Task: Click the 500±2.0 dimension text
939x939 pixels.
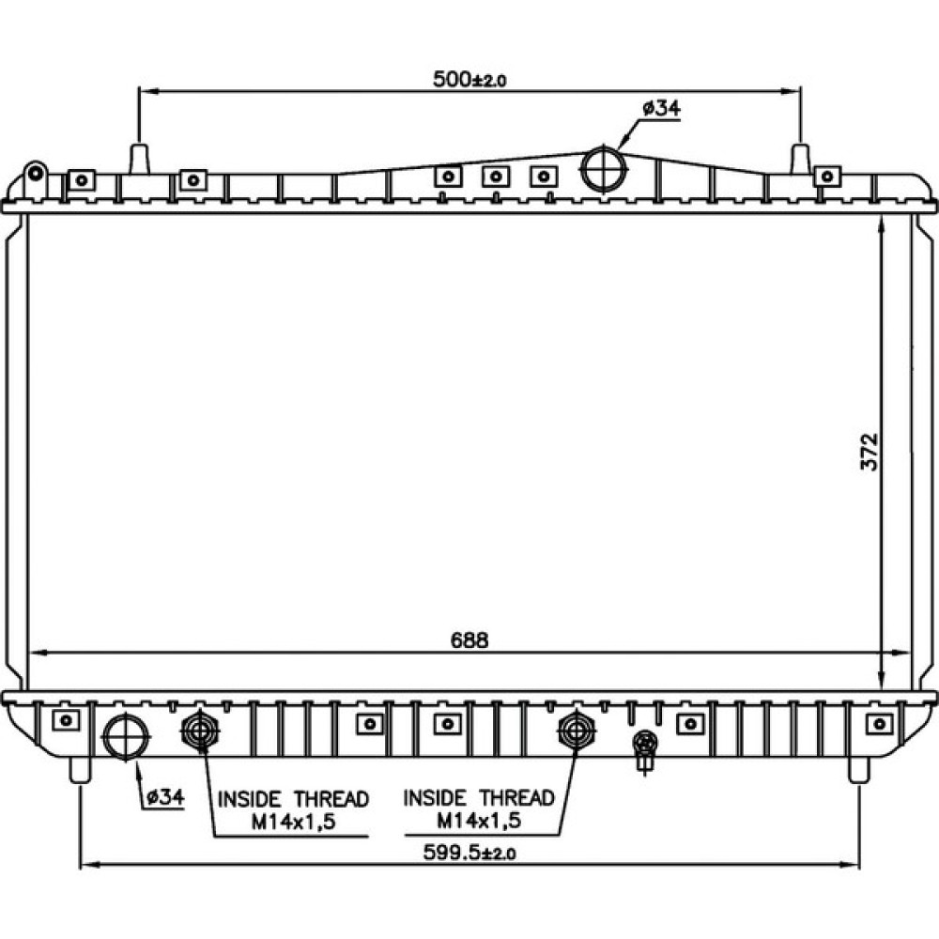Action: pyautogui.click(x=469, y=79)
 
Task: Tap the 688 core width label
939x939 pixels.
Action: pyautogui.click(x=469, y=640)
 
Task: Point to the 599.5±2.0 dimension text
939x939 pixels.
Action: pyautogui.click(x=469, y=852)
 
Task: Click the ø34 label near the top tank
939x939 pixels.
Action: pyautogui.click(x=662, y=108)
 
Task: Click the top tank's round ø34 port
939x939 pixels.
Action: pyautogui.click(x=604, y=168)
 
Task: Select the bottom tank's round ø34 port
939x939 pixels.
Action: pyautogui.click(x=126, y=737)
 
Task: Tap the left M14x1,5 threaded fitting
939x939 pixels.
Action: pyautogui.click(x=201, y=730)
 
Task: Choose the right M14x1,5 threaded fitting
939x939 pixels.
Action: pyautogui.click(x=577, y=730)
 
